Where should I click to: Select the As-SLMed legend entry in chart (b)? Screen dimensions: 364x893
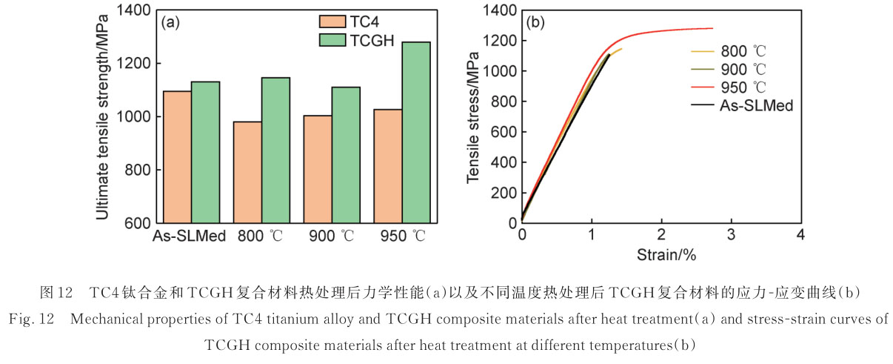tap(756, 105)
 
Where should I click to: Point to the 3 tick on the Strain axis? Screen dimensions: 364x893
tap(731, 236)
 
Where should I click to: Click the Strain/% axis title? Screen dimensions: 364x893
tap(666, 256)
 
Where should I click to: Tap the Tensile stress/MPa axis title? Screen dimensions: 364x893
tap(475, 116)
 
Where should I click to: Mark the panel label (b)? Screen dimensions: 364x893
tap(535, 22)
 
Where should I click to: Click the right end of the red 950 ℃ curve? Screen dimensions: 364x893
tap(712, 28)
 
